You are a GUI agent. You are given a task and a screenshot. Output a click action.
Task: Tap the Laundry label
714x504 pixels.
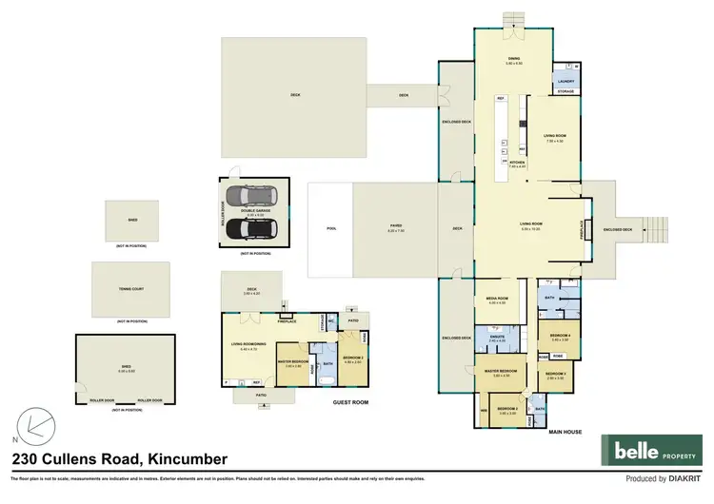(x=565, y=82)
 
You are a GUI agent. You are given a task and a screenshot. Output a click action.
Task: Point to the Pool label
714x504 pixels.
(x=331, y=229)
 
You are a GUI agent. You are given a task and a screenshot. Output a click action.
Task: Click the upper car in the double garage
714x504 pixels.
(x=252, y=196)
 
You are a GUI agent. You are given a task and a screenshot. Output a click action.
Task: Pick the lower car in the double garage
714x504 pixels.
(x=252, y=228)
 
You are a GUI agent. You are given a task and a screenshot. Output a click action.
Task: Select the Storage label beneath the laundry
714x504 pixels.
(x=565, y=92)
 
